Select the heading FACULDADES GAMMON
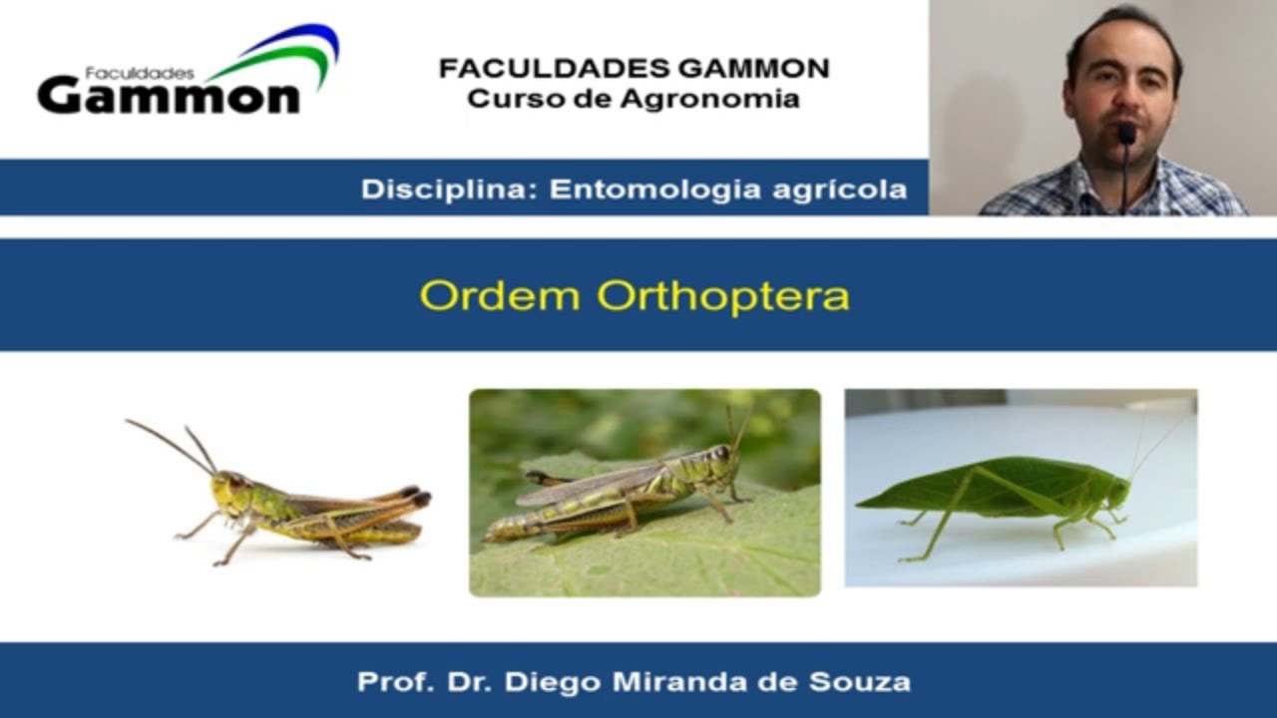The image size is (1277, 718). pos(634,69)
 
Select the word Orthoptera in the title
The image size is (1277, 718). pos(723,296)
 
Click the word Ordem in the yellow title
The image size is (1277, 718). pos(500,296)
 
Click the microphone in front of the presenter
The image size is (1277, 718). pos(1126,135)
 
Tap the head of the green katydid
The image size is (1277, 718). pos(1118,490)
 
